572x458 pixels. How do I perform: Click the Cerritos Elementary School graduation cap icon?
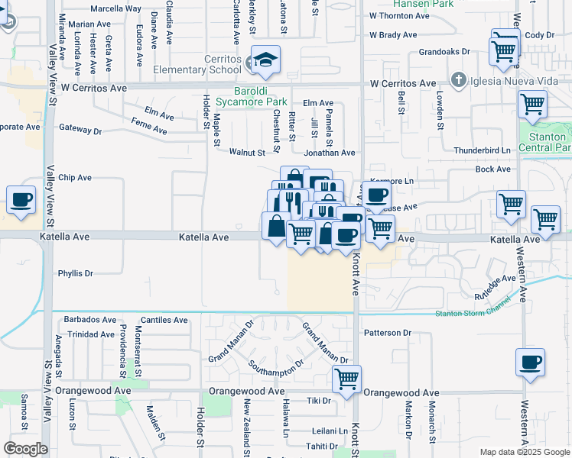[265, 60]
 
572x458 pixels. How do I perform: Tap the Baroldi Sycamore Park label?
[251, 96]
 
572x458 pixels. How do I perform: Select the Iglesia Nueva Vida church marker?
[459, 79]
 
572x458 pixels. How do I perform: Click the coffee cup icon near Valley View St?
[21, 201]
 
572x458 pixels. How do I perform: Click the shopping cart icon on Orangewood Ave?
[347, 378]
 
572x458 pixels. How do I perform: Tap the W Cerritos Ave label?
[403, 83]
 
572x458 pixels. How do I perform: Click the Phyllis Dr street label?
[75, 273]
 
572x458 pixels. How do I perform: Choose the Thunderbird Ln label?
[482, 151]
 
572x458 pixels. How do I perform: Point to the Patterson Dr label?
[388, 333]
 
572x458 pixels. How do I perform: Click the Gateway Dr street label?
[80, 129]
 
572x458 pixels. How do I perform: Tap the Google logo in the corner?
[25, 449]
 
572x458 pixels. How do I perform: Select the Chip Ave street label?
[75, 177]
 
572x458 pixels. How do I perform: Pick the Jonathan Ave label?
[330, 153]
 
